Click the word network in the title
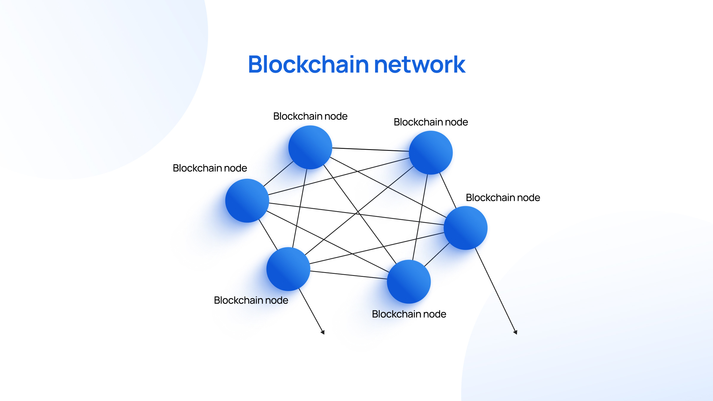tap(419, 65)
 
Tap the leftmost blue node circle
tap(247, 201)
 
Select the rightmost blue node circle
tap(466, 228)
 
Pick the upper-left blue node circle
tap(310, 147)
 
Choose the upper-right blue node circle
tap(431, 153)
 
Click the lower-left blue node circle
tap(288, 269)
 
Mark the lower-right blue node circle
tap(409, 282)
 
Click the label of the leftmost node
tap(210, 168)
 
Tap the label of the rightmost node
tap(503, 198)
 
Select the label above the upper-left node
tap(310, 116)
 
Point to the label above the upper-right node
tap(431, 122)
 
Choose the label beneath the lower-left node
tap(251, 300)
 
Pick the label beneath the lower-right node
tap(409, 314)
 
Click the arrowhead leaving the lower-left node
tap(323, 332)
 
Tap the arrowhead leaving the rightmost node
tap(515, 332)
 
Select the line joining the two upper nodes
tap(370, 149)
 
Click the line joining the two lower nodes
tap(348, 275)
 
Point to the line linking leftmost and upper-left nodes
tap(278, 174)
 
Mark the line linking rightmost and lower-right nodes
tap(437, 255)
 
